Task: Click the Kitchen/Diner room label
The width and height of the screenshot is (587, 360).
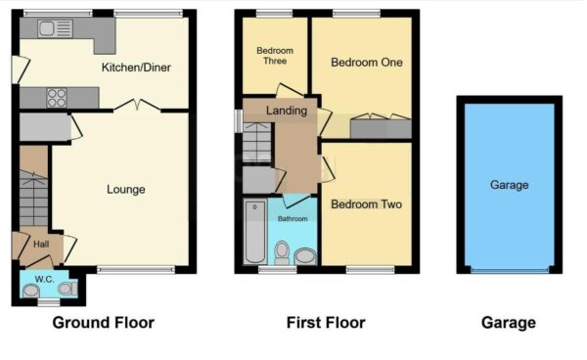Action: pos(138,67)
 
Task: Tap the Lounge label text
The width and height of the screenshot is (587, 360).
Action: pos(126,189)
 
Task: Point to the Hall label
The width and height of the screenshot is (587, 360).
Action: pos(40,245)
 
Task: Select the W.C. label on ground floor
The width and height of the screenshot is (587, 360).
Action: pos(44,279)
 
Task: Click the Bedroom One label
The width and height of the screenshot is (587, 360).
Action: pos(366,63)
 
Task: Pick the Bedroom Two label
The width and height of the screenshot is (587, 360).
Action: pos(366,204)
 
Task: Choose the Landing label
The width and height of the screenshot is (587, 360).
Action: pos(287,111)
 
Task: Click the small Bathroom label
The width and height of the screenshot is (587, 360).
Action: pos(293,219)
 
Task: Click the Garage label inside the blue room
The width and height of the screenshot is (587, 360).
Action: pos(509,185)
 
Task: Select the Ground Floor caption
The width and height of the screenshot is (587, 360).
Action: pos(103,322)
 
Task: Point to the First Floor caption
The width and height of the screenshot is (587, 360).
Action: pos(325,322)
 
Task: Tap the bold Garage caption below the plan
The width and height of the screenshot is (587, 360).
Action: pos(508,322)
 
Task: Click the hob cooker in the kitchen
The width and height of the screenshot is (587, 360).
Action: pos(57,97)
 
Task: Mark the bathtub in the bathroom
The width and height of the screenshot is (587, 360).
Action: pos(253,233)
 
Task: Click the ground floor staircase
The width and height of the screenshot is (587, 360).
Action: pos(32,201)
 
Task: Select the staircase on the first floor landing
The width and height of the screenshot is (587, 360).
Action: pos(255,147)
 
